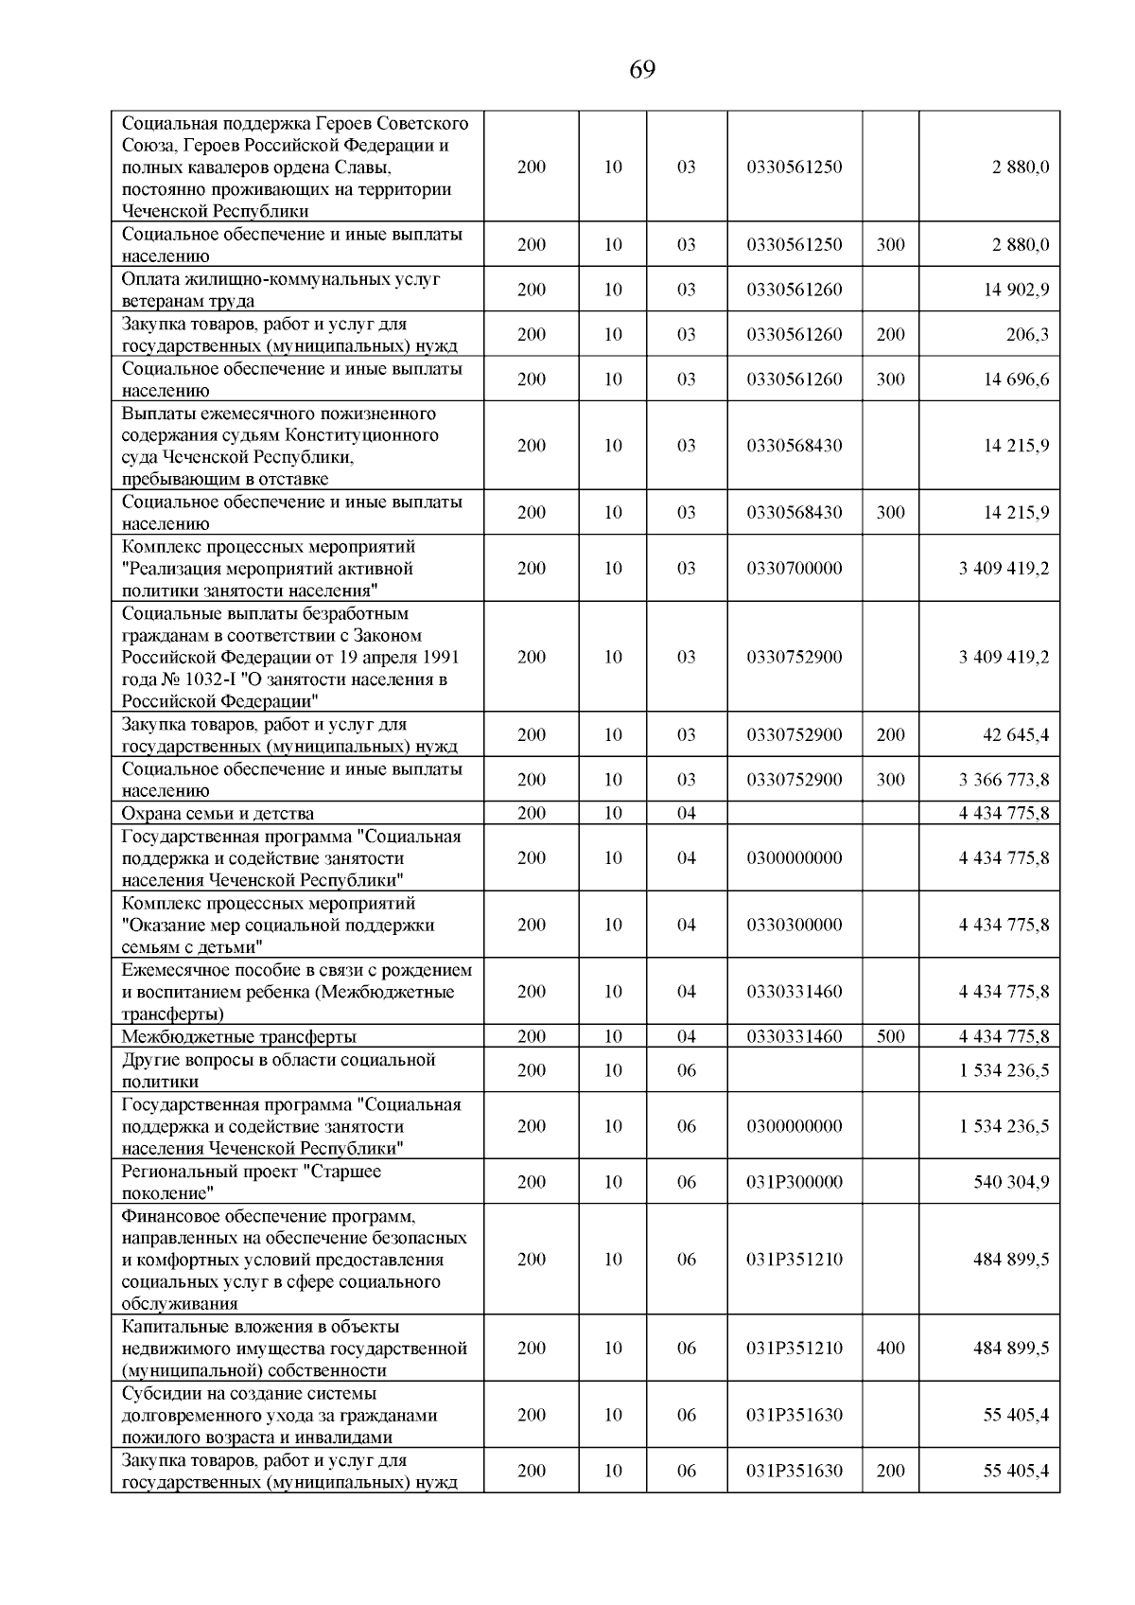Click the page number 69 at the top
tap(641, 70)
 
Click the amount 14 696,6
tap(1016, 379)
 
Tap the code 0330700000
tap(794, 569)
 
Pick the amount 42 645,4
tap(1016, 735)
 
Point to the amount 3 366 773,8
tap(1004, 781)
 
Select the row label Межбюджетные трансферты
tap(238, 1037)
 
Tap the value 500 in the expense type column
tap(890, 1037)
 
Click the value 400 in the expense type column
tap(890, 1349)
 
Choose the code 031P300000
tap(794, 1182)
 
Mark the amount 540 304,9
tap(1011, 1182)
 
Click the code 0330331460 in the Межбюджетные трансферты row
tap(794, 1037)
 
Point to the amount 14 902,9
tap(1016, 291)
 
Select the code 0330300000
tap(794, 926)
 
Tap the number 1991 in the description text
tap(441, 658)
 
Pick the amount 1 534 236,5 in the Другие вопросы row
tap(1004, 1071)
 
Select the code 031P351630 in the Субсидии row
tap(794, 1416)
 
